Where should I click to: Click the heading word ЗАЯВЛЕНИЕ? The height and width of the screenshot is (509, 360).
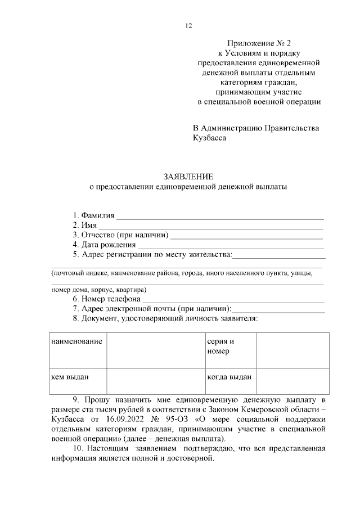pyautogui.click(x=188, y=177)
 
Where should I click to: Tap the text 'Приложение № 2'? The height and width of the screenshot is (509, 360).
pyautogui.click(x=260, y=43)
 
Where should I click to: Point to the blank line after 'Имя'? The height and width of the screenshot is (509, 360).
pyautogui.click(x=211, y=227)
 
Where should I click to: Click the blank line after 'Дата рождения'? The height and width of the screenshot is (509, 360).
pyautogui.click(x=231, y=246)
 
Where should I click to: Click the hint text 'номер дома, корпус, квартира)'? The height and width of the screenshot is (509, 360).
pyautogui.click(x=98, y=290)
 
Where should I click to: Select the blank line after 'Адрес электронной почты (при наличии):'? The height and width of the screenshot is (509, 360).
pyautogui.click(x=278, y=310)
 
